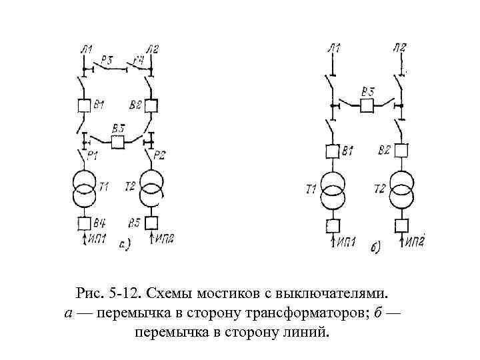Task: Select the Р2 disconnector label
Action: coord(159,155)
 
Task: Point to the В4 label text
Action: coord(99,222)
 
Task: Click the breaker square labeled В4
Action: coord(84,223)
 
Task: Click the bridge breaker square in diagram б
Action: coord(366,105)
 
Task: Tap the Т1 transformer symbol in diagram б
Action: coord(333,190)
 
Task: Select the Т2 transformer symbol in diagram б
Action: coord(401,190)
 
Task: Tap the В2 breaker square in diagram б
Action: coord(401,151)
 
